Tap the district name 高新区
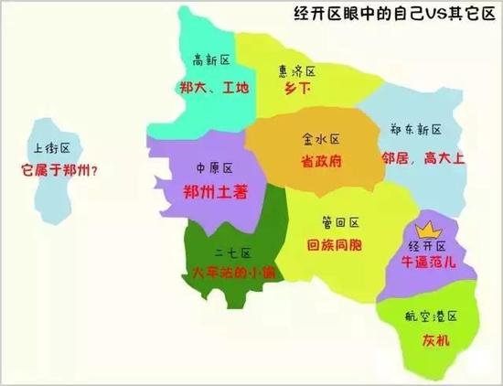209,60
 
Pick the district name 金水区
321,139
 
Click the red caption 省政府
321,160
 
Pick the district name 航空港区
430,316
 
